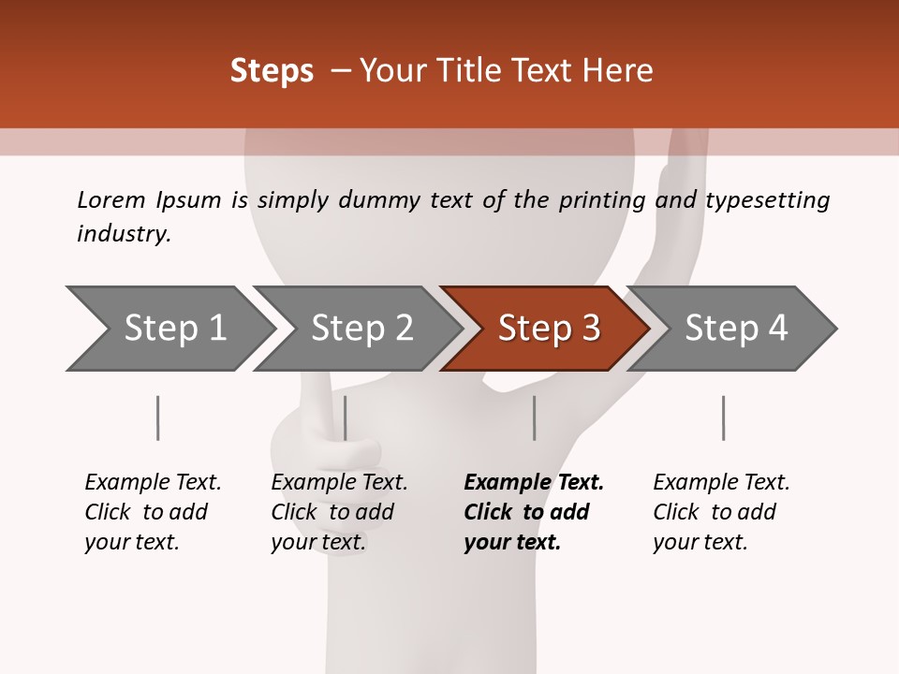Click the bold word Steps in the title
pos(272,71)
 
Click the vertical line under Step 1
pos(157,418)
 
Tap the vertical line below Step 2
pos(346,418)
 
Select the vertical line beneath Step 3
pos(534,418)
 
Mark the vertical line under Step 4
pos(723,418)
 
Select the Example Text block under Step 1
pos(152,512)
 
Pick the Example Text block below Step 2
pos(338,512)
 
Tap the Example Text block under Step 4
pos(720,512)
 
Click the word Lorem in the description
pos(111,200)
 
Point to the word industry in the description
pos(124,234)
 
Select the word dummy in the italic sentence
pos(384,200)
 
